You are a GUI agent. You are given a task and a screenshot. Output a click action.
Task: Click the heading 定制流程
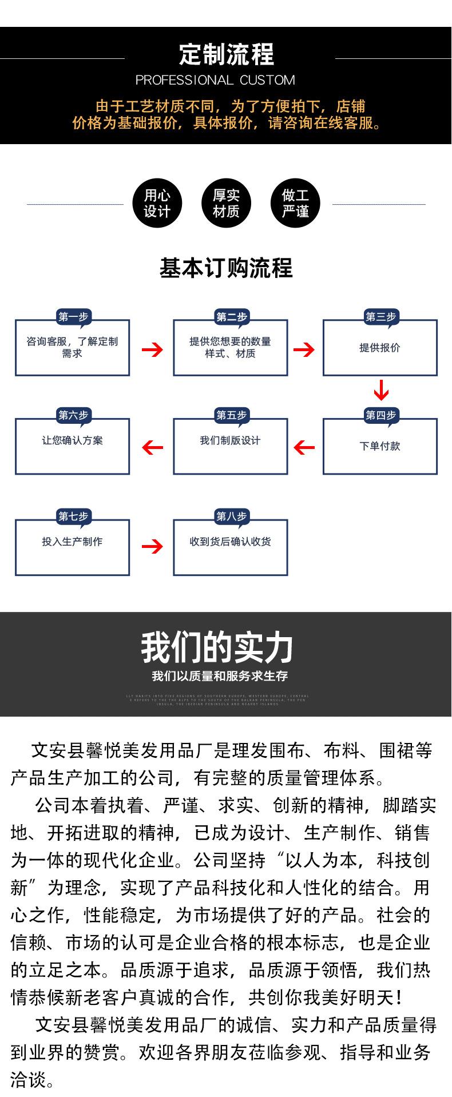pyautogui.click(x=226, y=54)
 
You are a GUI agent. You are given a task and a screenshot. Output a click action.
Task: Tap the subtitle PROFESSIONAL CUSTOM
pyautogui.click(x=215, y=80)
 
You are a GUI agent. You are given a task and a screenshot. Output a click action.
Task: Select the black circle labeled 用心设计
pyautogui.click(x=157, y=204)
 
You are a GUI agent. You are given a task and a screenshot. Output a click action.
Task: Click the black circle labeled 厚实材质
pyautogui.click(x=226, y=204)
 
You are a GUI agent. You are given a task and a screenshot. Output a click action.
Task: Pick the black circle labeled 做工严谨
pyautogui.click(x=295, y=204)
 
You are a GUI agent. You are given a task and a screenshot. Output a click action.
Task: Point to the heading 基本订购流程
pyautogui.click(x=226, y=268)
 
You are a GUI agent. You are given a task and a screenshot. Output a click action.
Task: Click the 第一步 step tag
pyautogui.click(x=73, y=317)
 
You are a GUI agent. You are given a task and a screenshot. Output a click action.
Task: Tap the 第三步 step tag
pyautogui.click(x=380, y=317)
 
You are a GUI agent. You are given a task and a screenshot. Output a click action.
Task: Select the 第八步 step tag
pyautogui.click(x=231, y=516)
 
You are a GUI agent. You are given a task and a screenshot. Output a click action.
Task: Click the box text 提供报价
pyautogui.click(x=380, y=348)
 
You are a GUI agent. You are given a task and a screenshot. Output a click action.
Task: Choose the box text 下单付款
pyautogui.click(x=380, y=446)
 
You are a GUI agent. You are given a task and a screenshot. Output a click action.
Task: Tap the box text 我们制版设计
pyautogui.click(x=230, y=440)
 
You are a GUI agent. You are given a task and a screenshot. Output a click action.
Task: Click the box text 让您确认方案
pyautogui.click(x=72, y=440)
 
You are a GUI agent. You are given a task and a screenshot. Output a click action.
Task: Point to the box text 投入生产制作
pyautogui.click(x=72, y=542)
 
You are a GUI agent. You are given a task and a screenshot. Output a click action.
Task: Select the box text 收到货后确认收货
pyautogui.click(x=230, y=542)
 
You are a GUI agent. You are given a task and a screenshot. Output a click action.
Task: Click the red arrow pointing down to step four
pyautogui.click(x=381, y=389)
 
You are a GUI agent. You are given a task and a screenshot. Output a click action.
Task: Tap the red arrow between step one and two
pyautogui.click(x=152, y=349)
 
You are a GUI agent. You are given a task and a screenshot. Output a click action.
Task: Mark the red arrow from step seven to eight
pyautogui.click(x=152, y=547)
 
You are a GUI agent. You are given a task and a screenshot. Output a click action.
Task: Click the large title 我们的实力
pyautogui.click(x=217, y=648)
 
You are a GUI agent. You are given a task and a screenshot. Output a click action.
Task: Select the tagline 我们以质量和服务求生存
pyautogui.click(x=220, y=676)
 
